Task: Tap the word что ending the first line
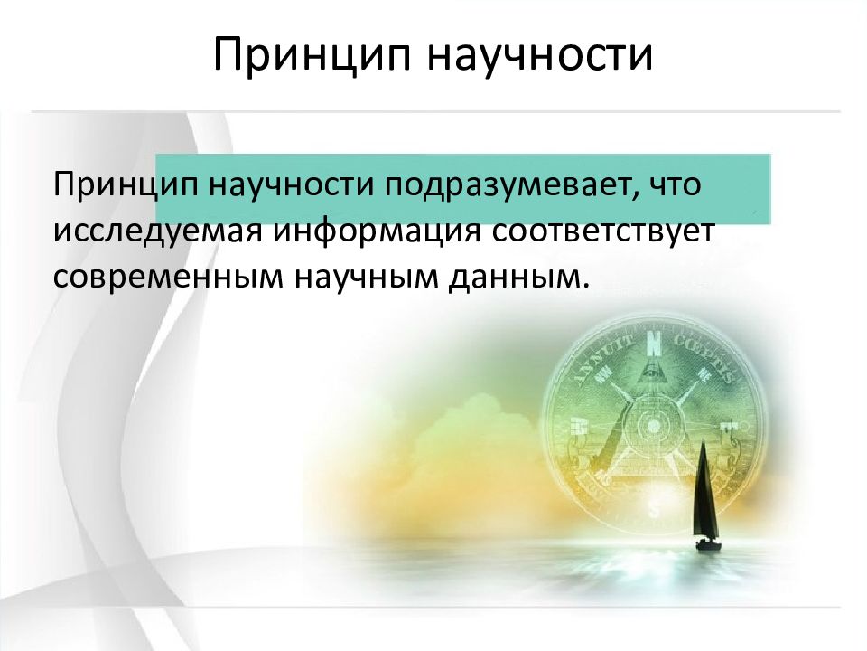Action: pos(674,184)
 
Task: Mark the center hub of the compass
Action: pos(653,425)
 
